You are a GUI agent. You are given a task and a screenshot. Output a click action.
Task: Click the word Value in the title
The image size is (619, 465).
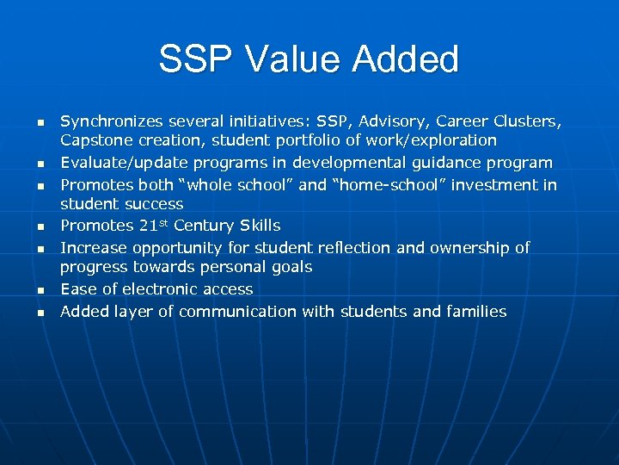click(x=285, y=59)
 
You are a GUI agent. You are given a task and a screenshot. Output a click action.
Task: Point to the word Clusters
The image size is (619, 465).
click(x=530, y=121)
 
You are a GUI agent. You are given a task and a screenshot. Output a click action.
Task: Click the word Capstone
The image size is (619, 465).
click(x=95, y=140)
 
